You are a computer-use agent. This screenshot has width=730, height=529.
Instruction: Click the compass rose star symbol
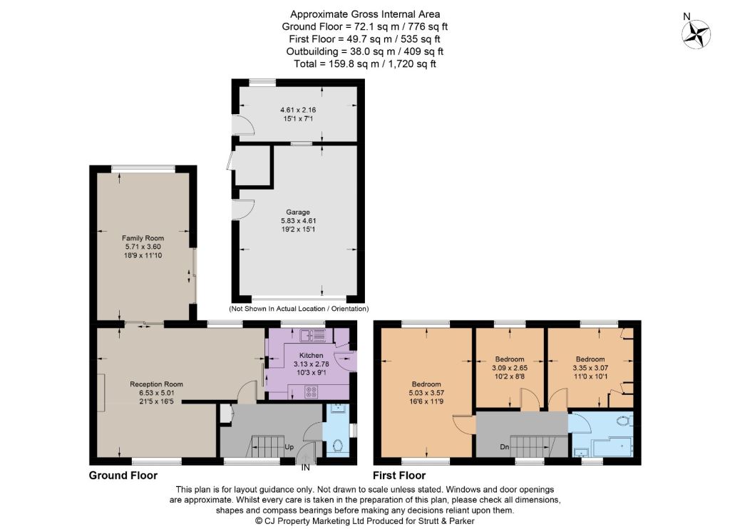tap(696, 34)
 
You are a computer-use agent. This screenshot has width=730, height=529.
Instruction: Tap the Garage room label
tap(298, 212)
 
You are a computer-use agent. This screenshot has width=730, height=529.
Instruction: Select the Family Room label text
tap(143, 238)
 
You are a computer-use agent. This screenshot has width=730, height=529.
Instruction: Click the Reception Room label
tap(156, 384)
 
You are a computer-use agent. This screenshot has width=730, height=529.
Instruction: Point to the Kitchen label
tap(311, 355)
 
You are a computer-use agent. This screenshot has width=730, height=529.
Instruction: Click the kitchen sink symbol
tap(313, 335)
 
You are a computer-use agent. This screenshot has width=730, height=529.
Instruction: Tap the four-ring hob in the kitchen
tap(311, 392)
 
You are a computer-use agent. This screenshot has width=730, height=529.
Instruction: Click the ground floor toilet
tap(338, 446)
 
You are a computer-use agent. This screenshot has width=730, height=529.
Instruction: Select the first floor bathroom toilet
tap(624, 421)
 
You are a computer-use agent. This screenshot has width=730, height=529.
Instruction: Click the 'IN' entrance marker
tap(305, 468)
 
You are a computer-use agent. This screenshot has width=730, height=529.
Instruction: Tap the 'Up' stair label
tap(289, 447)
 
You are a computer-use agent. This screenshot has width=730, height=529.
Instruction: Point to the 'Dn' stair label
tap(505, 447)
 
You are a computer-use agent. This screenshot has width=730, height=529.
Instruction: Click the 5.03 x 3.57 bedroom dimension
tap(426, 393)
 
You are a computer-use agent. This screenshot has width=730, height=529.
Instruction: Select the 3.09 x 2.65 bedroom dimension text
tap(510, 367)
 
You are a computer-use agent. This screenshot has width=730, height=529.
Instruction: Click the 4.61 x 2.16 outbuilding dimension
tap(298, 110)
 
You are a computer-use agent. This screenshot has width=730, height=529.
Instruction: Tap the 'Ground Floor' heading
tap(123, 476)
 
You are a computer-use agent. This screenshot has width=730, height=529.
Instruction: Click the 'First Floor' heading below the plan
tap(399, 476)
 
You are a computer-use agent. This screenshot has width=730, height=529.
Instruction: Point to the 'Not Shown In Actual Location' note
tap(299, 309)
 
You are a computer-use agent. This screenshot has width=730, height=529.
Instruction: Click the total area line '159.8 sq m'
tap(365, 63)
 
